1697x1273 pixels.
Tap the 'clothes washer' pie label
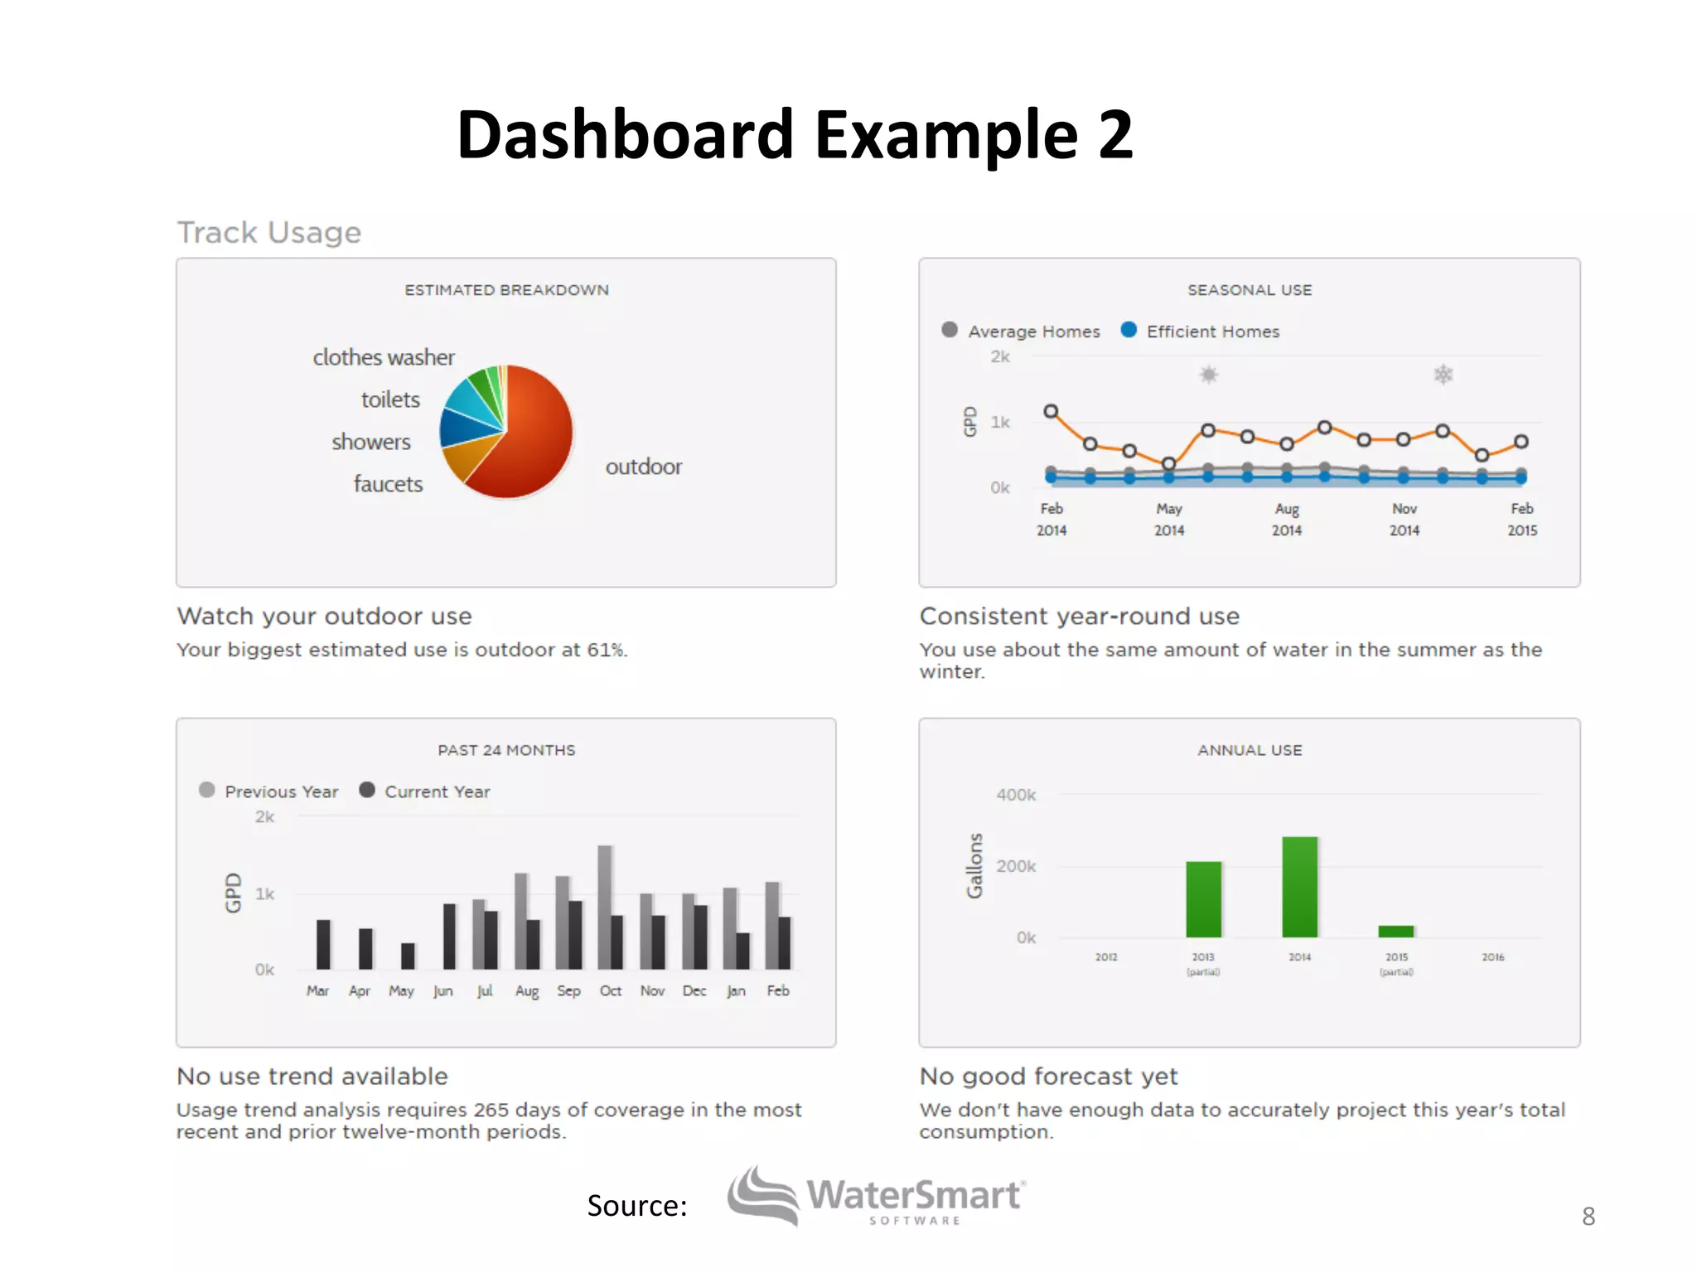click(384, 357)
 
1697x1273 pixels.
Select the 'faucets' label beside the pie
click(388, 484)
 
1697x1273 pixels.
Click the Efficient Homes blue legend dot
click(1129, 330)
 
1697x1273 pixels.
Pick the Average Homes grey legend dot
click(950, 330)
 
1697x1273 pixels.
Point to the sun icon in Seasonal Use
click(1209, 375)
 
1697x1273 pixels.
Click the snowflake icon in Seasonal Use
click(1443, 375)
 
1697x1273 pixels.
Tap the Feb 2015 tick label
click(1522, 519)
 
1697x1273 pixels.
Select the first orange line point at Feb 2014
click(1051, 411)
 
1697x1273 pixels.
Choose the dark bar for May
click(408, 956)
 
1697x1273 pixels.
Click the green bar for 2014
click(1299, 887)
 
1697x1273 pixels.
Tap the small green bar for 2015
click(1396, 932)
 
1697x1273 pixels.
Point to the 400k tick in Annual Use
click(1016, 795)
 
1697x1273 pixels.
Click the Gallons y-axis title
click(974, 865)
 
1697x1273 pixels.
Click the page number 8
click(1588, 1216)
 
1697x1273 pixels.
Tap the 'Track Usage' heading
click(269, 233)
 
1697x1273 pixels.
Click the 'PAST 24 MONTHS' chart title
click(506, 750)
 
